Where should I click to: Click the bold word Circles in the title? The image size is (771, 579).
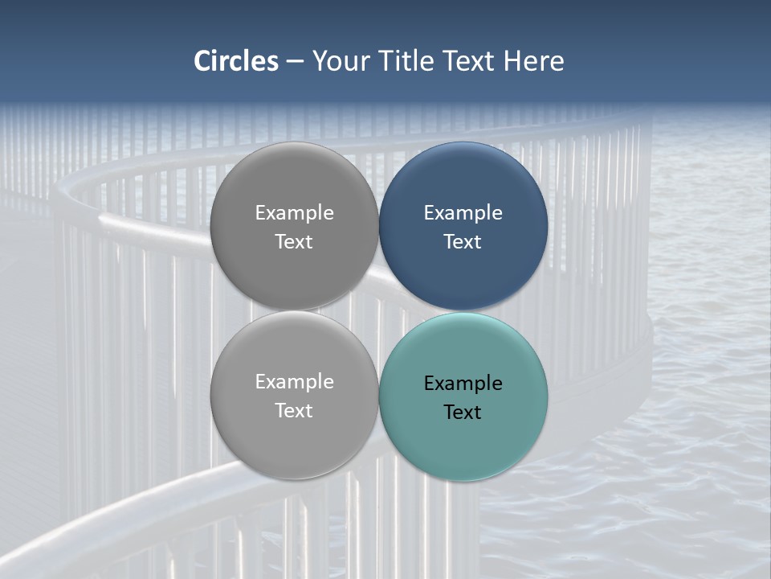(236, 61)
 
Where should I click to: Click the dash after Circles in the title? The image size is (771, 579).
(295, 62)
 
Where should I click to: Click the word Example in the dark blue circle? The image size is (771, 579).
(463, 213)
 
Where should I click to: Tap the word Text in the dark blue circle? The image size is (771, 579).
(463, 242)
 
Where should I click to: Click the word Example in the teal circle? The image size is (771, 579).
(463, 384)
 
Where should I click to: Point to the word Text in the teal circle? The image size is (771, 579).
(463, 413)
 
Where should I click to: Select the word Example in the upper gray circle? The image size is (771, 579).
(294, 213)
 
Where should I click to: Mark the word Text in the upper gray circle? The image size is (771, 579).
(294, 242)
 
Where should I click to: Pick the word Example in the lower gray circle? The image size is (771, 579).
(294, 382)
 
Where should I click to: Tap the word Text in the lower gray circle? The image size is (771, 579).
(294, 411)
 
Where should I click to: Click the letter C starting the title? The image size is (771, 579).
(202, 61)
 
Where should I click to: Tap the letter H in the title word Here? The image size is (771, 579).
(512, 61)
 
